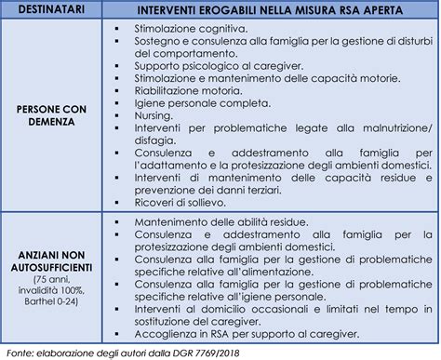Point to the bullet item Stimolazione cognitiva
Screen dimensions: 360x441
178,30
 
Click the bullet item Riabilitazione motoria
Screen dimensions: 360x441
182,93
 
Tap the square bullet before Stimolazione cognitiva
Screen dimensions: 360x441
114,31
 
